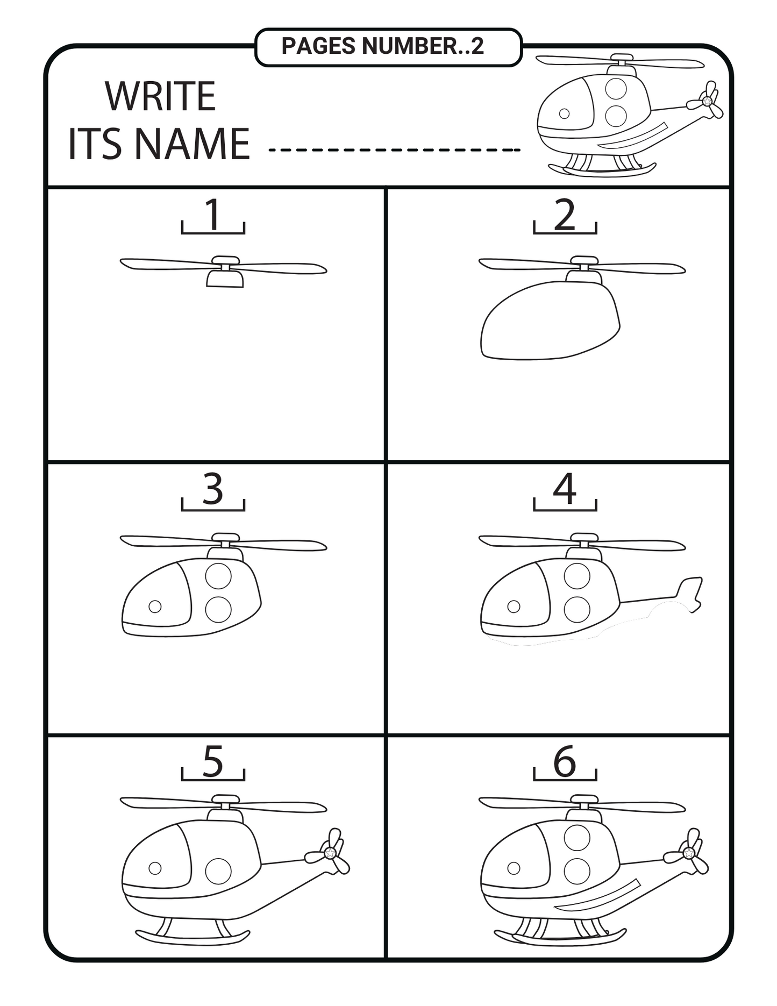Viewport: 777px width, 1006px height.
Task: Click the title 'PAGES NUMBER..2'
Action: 382,46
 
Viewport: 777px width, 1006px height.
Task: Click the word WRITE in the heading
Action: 160,97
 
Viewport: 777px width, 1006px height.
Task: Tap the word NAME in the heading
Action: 191,144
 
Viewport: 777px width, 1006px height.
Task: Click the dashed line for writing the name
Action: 394,149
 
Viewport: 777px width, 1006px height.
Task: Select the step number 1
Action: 213,214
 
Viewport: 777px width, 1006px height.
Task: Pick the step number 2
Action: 565,215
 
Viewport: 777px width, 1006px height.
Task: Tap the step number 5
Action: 213,761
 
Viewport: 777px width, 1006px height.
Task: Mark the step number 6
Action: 565,761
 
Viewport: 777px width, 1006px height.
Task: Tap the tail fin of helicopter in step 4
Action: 689,594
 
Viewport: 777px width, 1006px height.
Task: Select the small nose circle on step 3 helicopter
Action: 155,607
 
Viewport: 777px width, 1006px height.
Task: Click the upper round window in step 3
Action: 218,576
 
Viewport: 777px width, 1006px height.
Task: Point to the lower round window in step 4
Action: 577,609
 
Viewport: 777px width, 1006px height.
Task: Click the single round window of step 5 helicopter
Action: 218,871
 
